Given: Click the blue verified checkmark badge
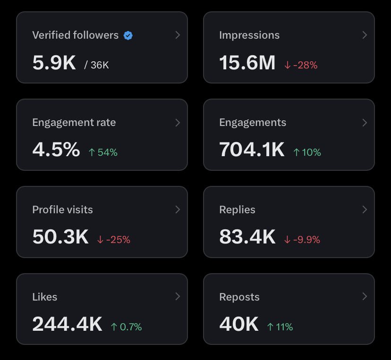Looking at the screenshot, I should click(x=128, y=35).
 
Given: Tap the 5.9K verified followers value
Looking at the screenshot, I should click(x=54, y=63).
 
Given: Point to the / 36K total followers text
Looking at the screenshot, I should click(x=96, y=65).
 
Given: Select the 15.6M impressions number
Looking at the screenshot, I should click(x=247, y=63).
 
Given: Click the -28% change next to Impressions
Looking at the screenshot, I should click(x=300, y=65).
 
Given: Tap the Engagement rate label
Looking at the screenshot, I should click(x=74, y=123).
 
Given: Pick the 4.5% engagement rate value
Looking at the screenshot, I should click(x=56, y=150).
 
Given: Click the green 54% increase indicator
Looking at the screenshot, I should click(x=103, y=152).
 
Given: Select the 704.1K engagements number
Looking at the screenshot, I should click(x=252, y=150).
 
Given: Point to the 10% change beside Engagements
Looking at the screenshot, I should click(x=307, y=152).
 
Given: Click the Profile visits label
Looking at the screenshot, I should click(x=62, y=210).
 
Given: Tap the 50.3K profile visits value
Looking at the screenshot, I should click(x=60, y=237).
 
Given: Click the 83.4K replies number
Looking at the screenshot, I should click(x=247, y=237).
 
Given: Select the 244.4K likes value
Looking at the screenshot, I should click(x=67, y=324).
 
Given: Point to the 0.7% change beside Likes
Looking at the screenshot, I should click(x=126, y=327).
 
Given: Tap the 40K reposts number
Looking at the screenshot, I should click(x=238, y=324).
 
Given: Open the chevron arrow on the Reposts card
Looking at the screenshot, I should click(x=365, y=296).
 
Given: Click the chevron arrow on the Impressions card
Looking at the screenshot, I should click(x=365, y=34).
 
